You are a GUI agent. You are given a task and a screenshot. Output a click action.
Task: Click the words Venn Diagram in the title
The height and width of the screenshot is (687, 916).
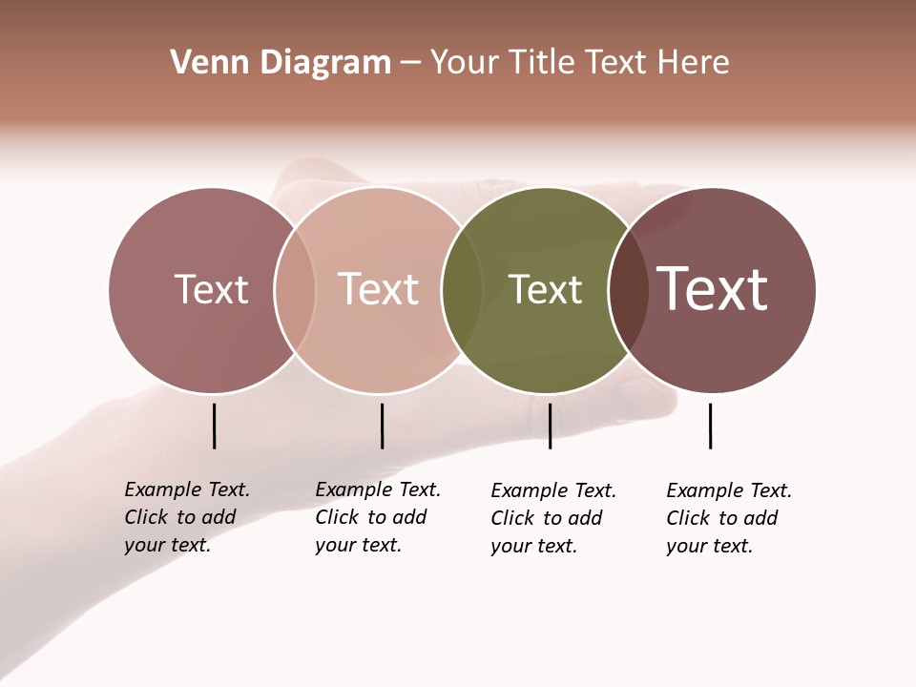[281, 63]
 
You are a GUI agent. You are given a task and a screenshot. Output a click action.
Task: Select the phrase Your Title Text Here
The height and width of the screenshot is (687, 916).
[579, 63]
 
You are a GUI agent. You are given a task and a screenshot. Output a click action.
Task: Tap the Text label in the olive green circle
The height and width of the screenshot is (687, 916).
[545, 290]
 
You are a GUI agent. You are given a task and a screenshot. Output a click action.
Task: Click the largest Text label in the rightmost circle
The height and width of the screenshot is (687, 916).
[713, 288]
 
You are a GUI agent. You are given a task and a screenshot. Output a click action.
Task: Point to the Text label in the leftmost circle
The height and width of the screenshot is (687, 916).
[211, 289]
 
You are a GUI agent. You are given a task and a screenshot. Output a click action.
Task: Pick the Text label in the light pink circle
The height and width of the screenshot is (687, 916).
[378, 289]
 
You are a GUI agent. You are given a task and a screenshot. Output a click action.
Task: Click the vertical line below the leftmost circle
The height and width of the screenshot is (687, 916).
[215, 426]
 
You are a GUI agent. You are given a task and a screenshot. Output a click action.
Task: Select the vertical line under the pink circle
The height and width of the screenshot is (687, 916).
[382, 426]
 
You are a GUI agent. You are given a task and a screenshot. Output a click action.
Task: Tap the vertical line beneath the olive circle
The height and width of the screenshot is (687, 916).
[550, 426]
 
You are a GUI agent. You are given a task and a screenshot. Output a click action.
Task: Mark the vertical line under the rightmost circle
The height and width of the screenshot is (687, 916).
[710, 426]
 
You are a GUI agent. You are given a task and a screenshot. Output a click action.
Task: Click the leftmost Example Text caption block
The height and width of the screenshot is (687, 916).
[187, 517]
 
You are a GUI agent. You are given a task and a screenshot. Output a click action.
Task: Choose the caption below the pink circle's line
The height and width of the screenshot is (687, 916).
[378, 517]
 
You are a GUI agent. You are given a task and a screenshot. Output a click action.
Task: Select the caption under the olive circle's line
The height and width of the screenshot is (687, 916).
[553, 518]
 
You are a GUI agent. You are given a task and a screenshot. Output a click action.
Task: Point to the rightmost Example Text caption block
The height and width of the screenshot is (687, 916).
[729, 518]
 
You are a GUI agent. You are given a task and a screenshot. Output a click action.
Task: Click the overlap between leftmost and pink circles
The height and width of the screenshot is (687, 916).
[295, 290]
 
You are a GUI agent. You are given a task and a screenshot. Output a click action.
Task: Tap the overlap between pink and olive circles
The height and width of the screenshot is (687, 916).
[462, 290]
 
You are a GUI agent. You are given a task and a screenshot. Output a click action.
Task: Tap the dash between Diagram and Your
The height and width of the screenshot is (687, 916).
[409, 63]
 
